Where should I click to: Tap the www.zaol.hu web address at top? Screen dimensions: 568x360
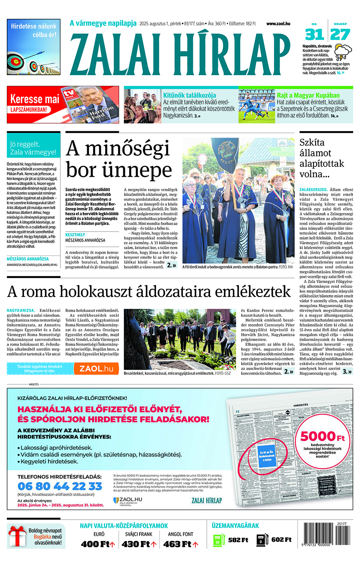[278, 24]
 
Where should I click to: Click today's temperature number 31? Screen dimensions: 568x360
[314, 35]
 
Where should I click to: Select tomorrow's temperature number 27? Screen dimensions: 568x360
[340, 35]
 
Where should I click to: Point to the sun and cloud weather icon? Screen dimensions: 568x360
[343, 51]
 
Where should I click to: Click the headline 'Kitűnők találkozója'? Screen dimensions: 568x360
[189, 95]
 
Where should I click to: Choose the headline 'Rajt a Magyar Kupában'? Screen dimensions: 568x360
[308, 95]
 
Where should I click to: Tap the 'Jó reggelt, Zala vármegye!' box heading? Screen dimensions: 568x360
[33, 148]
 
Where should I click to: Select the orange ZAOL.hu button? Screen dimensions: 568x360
[96, 368]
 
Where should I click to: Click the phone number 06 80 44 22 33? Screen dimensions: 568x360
[60, 486]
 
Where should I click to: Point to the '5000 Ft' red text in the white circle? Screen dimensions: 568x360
[322, 436]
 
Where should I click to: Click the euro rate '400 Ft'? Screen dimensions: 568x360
[95, 544]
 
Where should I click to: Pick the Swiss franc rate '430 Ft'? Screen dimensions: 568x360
[136, 544]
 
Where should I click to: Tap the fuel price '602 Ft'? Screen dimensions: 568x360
[281, 540]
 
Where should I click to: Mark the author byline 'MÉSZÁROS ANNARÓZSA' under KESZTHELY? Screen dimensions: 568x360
[85, 240]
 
